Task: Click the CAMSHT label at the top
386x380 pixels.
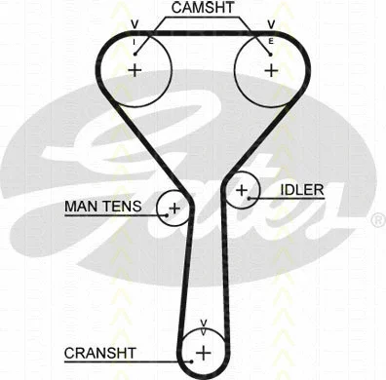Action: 202,8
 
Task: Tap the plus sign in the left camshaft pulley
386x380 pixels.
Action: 135,70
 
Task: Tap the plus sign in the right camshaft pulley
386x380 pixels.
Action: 270,70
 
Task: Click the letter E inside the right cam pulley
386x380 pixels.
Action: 270,42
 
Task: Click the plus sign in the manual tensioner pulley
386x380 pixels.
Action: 174,208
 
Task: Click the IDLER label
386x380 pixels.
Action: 301,190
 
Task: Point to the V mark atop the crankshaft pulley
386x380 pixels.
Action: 203,323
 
